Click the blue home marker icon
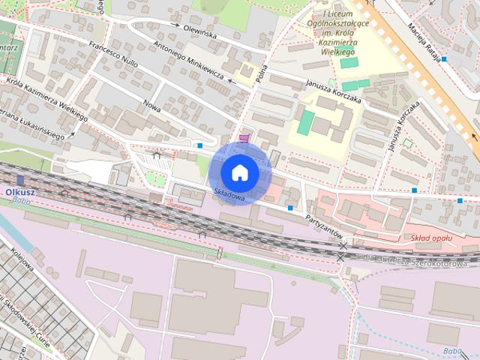click(x=239, y=172)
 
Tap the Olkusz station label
click(x=20, y=192)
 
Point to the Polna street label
click(x=261, y=73)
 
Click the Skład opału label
click(x=433, y=238)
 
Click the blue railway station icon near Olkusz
click(x=20, y=180)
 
